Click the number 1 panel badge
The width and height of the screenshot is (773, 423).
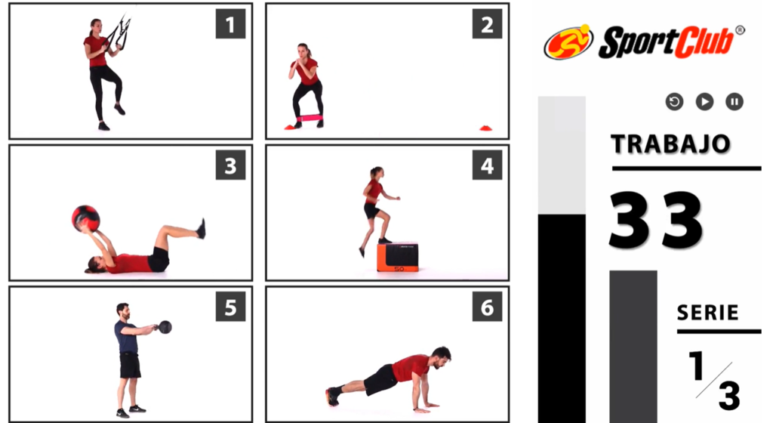coord(230,23)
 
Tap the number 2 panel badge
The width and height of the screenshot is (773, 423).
coord(487,23)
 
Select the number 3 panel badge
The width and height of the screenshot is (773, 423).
coord(230,165)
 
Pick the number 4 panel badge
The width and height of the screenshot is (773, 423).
coord(487,165)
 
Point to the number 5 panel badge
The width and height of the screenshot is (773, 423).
coord(230,307)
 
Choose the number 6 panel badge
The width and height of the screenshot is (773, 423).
coord(487,307)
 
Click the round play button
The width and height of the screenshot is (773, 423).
coord(704,101)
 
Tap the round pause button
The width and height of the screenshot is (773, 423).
coord(735,101)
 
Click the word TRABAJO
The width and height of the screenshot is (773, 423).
coord(670,144)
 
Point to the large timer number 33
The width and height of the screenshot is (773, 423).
coord(656,220)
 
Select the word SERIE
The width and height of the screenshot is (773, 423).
coord(708,313)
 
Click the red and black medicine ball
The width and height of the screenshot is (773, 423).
coord(86,218)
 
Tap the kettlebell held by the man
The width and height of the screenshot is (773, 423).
coord(164,327)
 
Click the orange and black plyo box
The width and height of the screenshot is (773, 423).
coord(398,257)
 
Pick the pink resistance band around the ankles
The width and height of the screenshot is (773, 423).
coord(309,119)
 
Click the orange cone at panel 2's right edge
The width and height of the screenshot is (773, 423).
coord(486,128)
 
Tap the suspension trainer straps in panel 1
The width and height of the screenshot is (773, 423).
coord(119,32)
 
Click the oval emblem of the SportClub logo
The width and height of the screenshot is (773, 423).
coord(568,42)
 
